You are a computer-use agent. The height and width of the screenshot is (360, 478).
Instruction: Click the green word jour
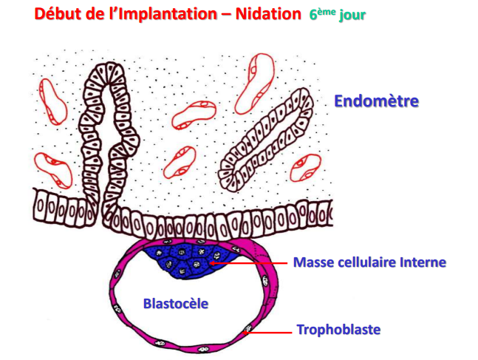(x=353, y=14)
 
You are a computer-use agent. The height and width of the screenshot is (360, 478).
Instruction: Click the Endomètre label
(x=376, y=101)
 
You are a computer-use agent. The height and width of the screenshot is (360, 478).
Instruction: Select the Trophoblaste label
(x=338, y=330)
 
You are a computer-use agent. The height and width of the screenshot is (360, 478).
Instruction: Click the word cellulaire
(x=369, y=262)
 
